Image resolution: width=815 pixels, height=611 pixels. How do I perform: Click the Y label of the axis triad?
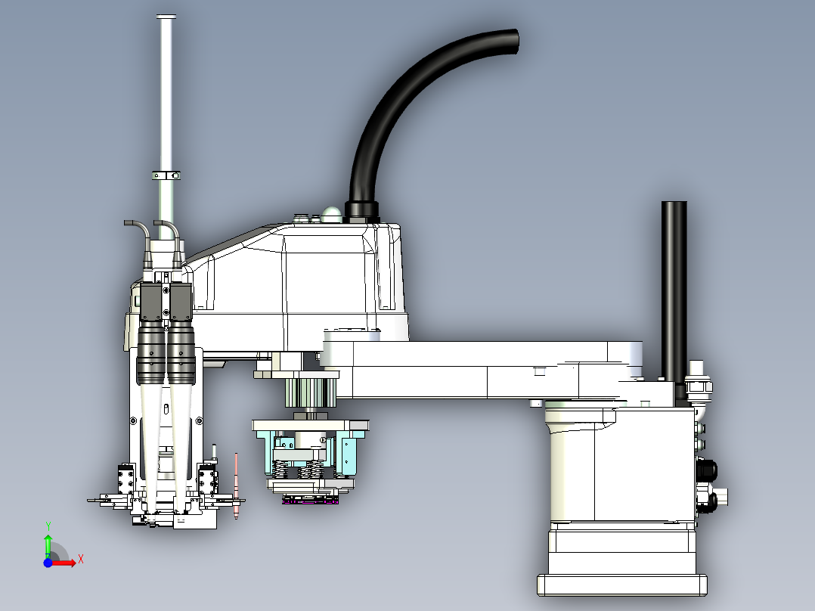pyautogui.click(x=48, y=526)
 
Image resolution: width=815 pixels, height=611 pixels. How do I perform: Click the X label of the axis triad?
pyautogui.click(x=81, y=560)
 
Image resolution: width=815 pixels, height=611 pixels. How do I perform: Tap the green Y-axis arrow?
pyautogui.click(x=48, y=546)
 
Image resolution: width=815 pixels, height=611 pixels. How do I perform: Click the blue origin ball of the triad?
pyautogui.click(x=48, y=563)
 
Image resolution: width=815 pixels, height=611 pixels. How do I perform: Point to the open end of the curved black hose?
pyautogui.click(x=514, y=41)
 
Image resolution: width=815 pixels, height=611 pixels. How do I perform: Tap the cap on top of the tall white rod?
pyautogui.click(x=166, y=17)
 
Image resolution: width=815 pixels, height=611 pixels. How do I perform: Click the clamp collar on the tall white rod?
pyautogui.click(x=166, y=175)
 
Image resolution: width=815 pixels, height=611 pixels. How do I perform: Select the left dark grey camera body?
pyautogui.click(x=151, y=302)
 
